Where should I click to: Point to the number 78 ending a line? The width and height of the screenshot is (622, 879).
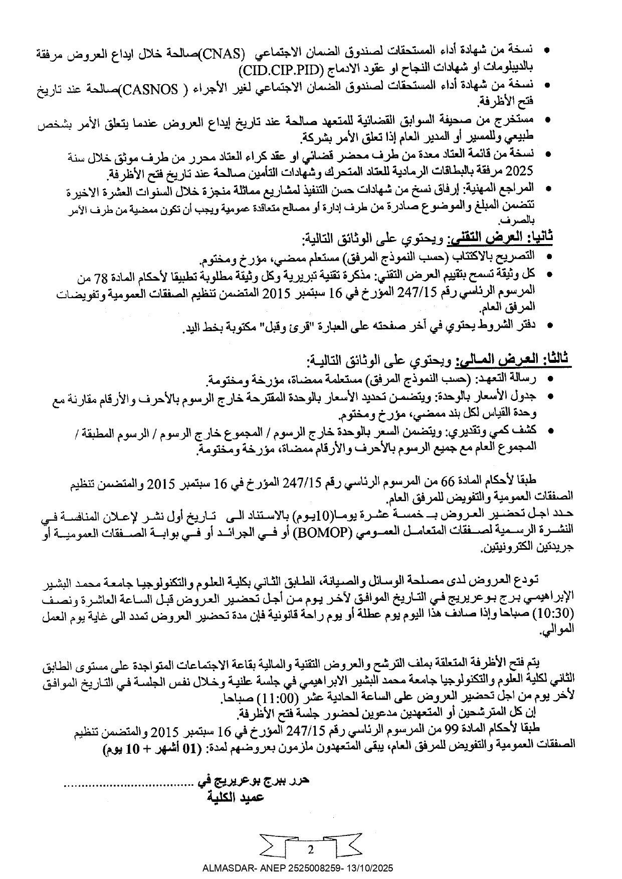click(86, 277)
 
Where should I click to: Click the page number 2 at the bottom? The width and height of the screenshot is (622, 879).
click(311, 850)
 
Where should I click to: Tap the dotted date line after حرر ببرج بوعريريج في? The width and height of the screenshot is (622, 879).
click(128, 783)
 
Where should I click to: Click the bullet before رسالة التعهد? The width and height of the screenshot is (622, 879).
click(550, 379)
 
